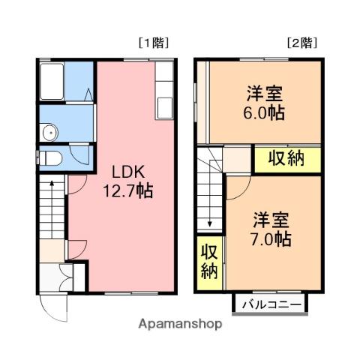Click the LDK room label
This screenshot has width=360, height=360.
point(128,172)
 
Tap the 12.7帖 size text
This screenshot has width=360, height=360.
point(127,191)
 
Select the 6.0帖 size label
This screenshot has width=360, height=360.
point(264,113)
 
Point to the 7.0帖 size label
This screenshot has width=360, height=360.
point(271,239)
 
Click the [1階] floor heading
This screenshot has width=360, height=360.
point(154,43)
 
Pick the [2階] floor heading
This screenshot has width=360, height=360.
point(302,43)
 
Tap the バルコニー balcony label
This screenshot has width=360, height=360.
point(271,304)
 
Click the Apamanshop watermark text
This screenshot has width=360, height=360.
point(180,324)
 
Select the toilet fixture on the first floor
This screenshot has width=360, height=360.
point(49,158)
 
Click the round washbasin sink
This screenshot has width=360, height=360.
point(50,133)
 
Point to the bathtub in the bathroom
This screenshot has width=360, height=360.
point(52,81)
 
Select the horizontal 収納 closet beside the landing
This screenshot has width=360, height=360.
point(288,160)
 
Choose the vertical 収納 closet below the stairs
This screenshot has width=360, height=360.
point(209,262)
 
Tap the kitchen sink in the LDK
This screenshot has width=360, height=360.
point(165,108)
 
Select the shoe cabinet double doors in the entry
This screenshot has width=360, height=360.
point(66,277)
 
